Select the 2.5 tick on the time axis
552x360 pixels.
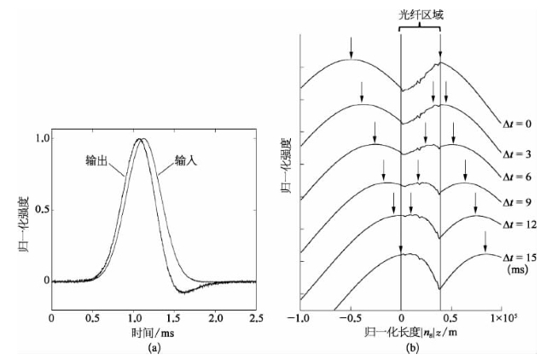click(x=255, y=316)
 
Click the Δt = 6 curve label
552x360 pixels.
click(x=517, y=177)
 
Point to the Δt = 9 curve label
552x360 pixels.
click(x=517, y=202)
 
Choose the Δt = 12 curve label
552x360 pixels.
click(x=517, y=228)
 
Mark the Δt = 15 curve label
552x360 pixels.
click(x=517, y=253)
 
